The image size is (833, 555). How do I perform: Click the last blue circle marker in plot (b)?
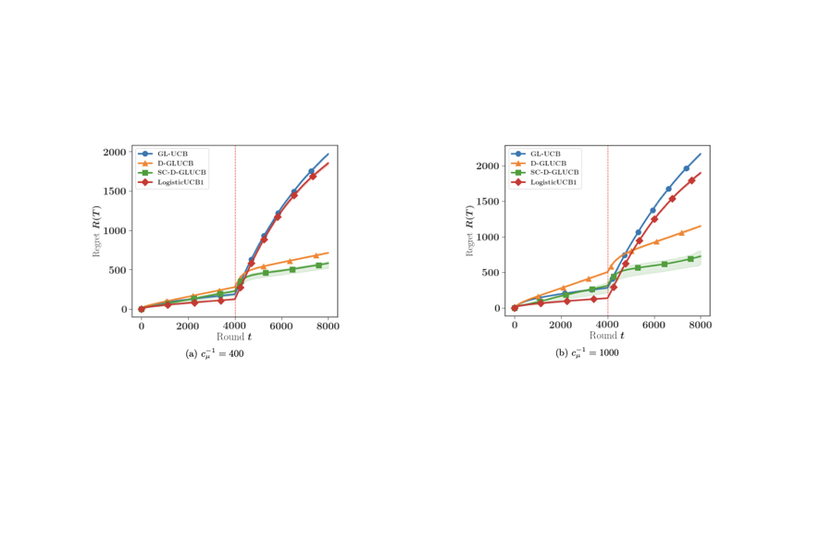pyautogui.click(x=686, y=168)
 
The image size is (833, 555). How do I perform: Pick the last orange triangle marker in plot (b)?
pyautogui.click(x=681, y=232)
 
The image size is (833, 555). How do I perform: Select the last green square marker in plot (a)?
pyautogui.click(x=318, y=265)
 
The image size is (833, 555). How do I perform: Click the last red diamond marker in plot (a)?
pyautogui.click(x=313, y=176)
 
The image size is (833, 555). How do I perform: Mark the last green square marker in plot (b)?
pyautogui.click(x=690, y=259)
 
